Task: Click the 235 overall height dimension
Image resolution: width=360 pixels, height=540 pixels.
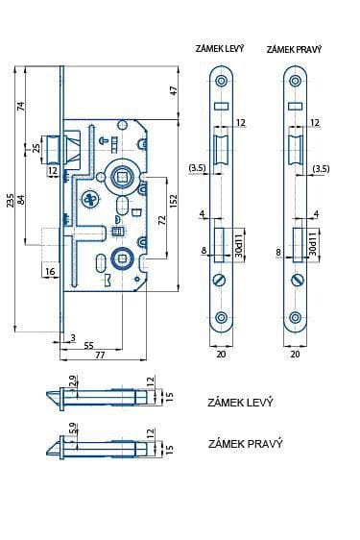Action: click(11, 201)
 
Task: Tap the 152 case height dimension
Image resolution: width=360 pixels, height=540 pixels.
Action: click(174, 201)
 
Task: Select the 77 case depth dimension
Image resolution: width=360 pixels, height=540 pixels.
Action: click(100, 355)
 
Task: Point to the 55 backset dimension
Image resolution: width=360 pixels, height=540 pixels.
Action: click(88, 345)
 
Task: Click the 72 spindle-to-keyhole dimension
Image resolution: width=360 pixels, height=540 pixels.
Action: click(162, 220)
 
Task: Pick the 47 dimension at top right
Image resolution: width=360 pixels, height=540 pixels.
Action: click(174, 90)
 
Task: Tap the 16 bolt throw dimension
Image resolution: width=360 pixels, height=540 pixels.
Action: click(50, 271)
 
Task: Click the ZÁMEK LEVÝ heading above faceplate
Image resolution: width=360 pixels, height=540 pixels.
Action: click(220, 49)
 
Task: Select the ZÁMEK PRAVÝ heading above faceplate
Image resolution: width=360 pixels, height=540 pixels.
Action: click(294, 50)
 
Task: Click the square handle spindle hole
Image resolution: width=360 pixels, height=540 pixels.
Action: click(122, 177)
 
